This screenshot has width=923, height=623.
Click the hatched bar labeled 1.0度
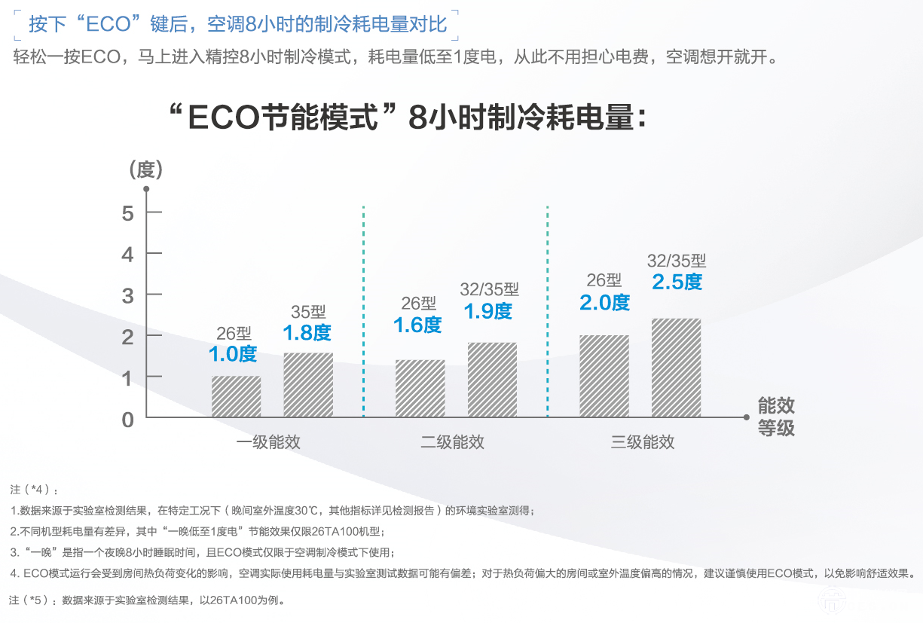(x=236, y=396)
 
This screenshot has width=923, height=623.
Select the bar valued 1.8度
(x=308, y=385)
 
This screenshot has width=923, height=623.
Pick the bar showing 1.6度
(x=420, y=388)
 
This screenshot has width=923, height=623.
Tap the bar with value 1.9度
(x=492, y=380)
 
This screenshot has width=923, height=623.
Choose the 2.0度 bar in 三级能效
(x=604, y=376)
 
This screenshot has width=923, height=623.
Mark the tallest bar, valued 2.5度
(x=676, y=368)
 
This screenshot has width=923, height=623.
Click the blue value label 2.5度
(x=677, y=282)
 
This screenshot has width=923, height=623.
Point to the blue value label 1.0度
(x=233, y=353)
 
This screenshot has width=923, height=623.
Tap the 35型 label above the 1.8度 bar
(x=308, y=313)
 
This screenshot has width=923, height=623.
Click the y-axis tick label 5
(x=127, y=214)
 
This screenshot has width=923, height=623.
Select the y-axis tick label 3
(x=127, y=295)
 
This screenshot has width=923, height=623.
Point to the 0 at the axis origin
(x=127, y=420)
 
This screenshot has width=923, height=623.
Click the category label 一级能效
(x=268, y=442)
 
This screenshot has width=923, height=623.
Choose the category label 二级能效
(x=452, y=442)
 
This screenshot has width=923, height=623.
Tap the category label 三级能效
(x=643, y=442)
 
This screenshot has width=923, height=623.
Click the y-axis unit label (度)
(x=145, y=169)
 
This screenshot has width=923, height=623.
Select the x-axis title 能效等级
(x=776, y=417)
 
